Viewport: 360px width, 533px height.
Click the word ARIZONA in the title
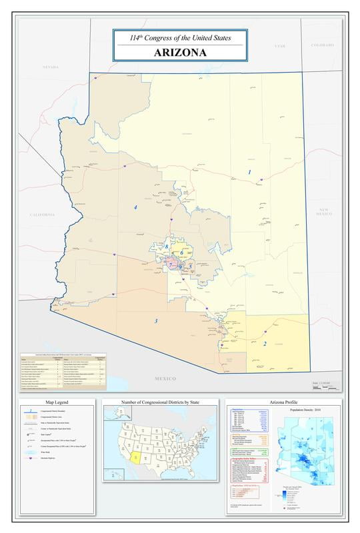point(180,52)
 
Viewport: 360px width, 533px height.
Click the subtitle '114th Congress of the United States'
point(180,38)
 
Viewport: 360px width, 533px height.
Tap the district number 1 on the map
point(250,172)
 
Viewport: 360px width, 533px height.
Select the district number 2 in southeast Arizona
point(265,344)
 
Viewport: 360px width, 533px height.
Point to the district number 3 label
point(156,321)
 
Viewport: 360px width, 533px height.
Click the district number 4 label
point(135,207)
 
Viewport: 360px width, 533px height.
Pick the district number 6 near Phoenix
point(181,253)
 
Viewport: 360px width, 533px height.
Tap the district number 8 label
point(167,247)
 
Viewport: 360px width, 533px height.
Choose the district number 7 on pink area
point(171,264)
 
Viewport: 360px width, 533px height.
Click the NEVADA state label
point(51,67)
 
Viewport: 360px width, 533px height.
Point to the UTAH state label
point(279,45)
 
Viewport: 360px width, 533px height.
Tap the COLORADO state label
point(323,45)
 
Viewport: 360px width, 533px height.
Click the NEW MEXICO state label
point(324,212)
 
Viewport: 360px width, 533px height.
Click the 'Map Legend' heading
point(57,403)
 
